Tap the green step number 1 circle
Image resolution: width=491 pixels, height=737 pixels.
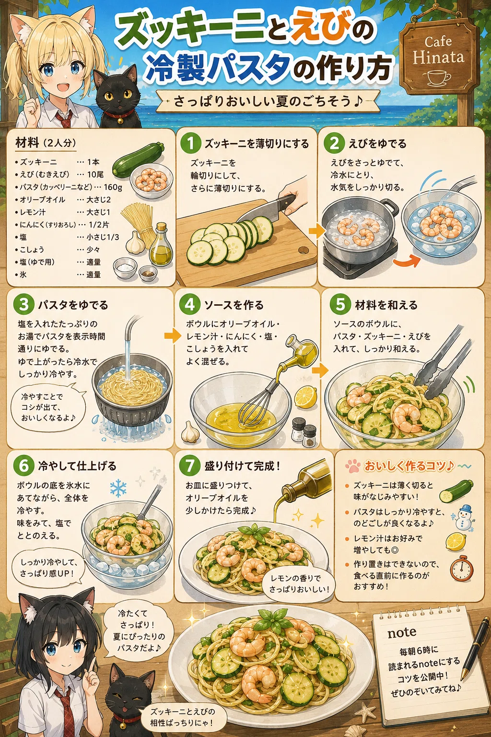tap(190, 143)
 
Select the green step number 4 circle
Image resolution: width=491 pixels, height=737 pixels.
tap(190, 305)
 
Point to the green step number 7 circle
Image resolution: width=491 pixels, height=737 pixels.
tap(190, 466)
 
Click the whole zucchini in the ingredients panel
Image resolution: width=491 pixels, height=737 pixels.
tap(138, 160)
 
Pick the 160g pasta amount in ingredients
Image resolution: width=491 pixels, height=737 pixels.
tap(113, 187)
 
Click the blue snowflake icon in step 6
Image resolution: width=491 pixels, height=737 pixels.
tap(118, 487)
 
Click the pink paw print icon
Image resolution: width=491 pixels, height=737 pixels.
tap(353, 466)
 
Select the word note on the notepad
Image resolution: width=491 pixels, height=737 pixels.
tap(401, 632)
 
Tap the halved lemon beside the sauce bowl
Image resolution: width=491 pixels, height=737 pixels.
tap(305, 397)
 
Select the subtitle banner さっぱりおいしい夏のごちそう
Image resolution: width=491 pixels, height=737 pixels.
tap(268, 101)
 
